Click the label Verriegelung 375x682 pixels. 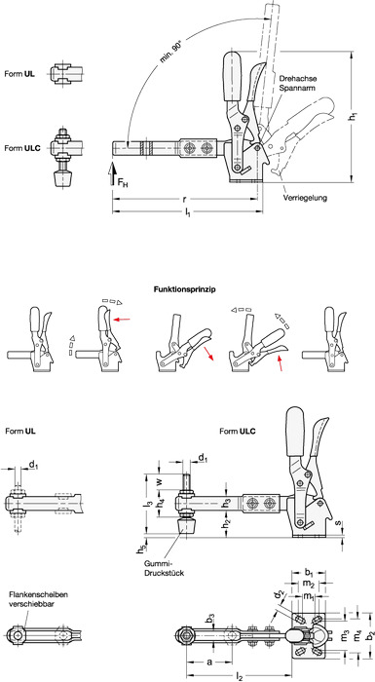tap(306, 198)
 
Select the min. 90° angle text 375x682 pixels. tap(170, 53)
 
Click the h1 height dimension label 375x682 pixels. tap(357, 116)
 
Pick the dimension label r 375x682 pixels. tap(184, 199)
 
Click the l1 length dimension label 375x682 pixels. tap(187, 213)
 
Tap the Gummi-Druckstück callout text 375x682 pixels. tap(164, 569)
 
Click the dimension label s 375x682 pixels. tap(339, 521)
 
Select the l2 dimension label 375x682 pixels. tap(240, 676)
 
